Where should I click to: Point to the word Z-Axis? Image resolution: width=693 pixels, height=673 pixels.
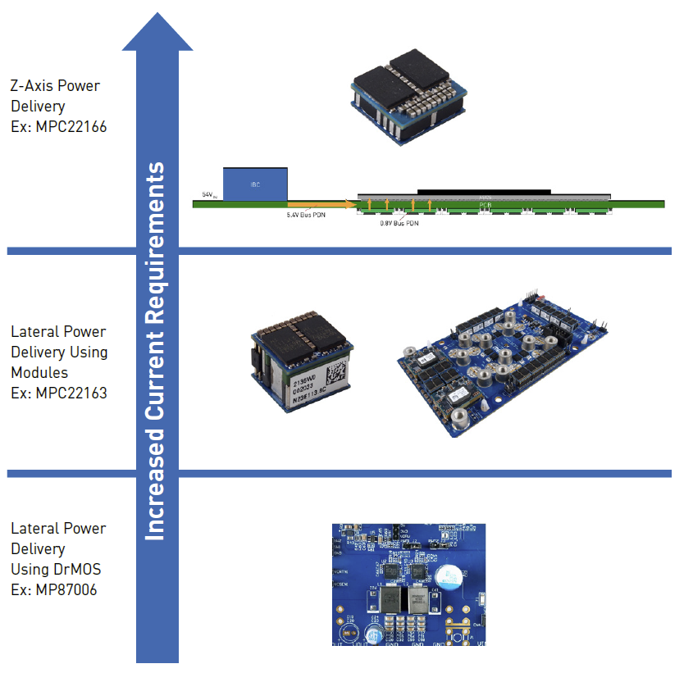tap(33, 86)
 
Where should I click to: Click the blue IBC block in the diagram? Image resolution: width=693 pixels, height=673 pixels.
tap(255, 184)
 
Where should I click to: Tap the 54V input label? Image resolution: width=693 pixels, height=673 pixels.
tap(209, 195)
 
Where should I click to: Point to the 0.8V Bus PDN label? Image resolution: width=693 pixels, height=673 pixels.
tap(399, 222)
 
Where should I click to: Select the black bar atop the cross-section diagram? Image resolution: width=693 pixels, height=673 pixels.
tap(484, 191)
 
